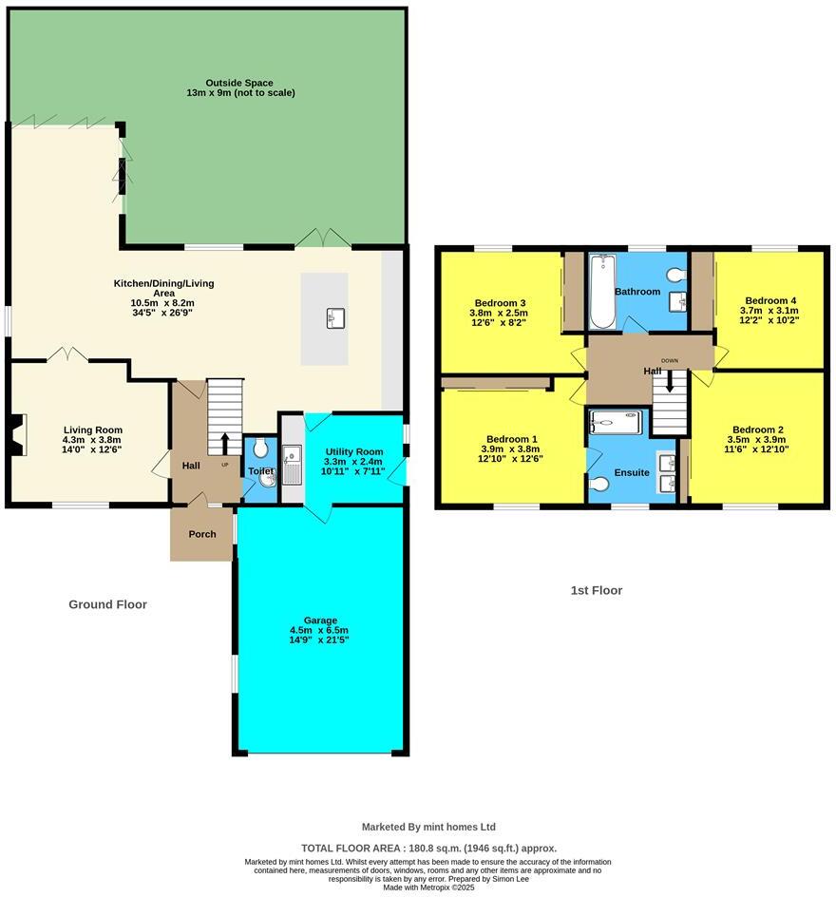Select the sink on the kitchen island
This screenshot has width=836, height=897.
(333, 316)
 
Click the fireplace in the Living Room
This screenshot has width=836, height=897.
(17, 436)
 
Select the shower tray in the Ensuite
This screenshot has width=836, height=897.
(616, 422)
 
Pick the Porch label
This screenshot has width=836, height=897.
(201, 534)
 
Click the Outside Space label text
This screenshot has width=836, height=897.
(240, 83)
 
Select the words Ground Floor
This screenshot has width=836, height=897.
(107, 604)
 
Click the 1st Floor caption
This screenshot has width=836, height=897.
(596, 590)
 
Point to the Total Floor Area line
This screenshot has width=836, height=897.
(428, 848)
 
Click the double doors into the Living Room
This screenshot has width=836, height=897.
(67, 355)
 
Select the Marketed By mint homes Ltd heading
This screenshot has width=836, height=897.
(428, 827)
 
